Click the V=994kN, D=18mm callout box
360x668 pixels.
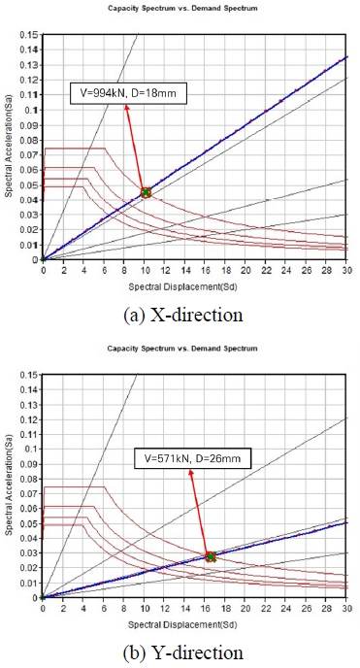click(x=126, y=94)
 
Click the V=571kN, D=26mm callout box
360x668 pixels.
click(x=190, y=455)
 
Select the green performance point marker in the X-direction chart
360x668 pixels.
click(x=146, y=192)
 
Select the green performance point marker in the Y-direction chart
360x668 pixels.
click(x=211, y=556)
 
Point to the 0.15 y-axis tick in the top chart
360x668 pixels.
click(x=29, y=35)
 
